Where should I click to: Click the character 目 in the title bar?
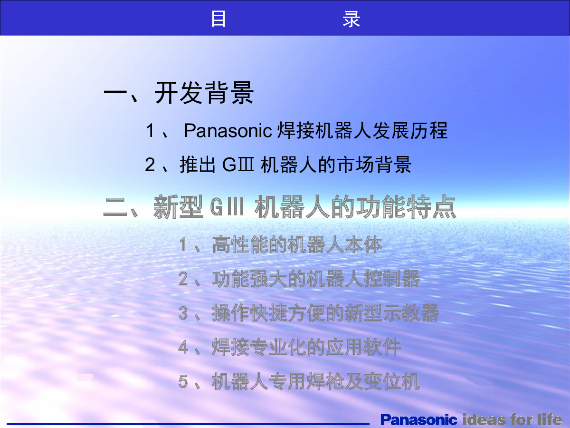[x=218, y=19]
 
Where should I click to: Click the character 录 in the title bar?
[x=351, y=19]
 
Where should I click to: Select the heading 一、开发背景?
[x=179, y=93]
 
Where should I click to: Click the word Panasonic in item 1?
[x=228, y=130]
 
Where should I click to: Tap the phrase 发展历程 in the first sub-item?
[x=410, y=130]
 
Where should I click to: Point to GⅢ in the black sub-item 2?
[x=238, y=165]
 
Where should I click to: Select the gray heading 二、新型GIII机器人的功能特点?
[x=280, y=206]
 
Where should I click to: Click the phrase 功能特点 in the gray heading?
[x=406, y=206]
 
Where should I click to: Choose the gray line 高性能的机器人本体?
[x=297, y=244]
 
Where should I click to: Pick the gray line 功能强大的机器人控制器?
[x=316, y=279]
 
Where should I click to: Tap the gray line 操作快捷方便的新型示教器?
[x=325, y=313]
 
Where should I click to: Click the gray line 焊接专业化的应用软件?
[x=306, y=347]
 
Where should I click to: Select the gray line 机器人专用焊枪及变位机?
[x=316, y=381]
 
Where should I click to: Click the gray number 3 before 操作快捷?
[x=183, y=313]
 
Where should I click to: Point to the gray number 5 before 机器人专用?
[x=183, y=382]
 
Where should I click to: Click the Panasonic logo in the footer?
[x=418, y=419]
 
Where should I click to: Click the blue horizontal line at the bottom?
[x=188, y=424]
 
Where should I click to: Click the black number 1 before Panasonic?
[x=151, y=130]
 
